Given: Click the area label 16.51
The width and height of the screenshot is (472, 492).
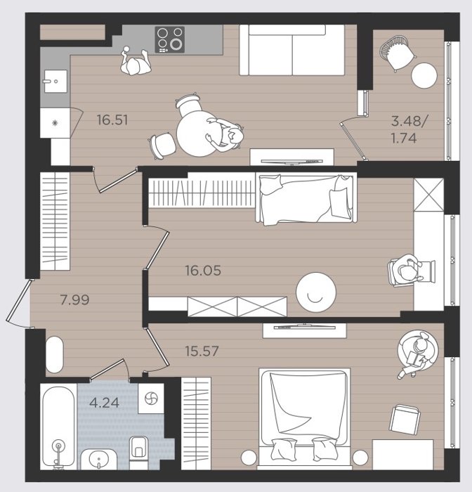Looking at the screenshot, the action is pyautogui.click(x=112, y=120).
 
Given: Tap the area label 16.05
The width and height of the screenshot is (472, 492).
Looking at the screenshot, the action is pyautogui.click(x=203, y=271).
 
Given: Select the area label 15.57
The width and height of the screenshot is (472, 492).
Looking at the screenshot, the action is pyautogui.click(x=202, y=351).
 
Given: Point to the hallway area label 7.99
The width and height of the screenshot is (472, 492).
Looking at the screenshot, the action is pyautogui.click(x=74, y=300).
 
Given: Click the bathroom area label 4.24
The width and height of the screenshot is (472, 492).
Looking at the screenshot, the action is pyautogui.click(x=104, y=403).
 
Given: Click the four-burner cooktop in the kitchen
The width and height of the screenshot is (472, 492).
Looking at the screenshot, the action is pyautogui.click(x=170, y=39).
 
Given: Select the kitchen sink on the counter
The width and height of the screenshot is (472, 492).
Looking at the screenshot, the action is pyautogui.click(x=55, y=82).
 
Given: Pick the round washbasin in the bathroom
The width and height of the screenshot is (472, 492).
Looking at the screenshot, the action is pyautogui.click(x=99, y=460).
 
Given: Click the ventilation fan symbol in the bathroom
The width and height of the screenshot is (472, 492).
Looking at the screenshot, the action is pyautogui.click(x=151, y=399).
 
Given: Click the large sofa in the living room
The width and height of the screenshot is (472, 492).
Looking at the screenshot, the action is pyautogui.click(x=292, y=50).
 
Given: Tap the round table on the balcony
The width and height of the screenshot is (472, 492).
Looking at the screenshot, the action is pyautogui.click(x=424, y=76).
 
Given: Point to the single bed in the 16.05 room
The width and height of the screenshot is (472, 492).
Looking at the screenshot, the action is pyautogui.click(x=306, y=199).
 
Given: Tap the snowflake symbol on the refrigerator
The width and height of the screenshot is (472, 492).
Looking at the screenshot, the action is pyautogui.click(x=55, y=123).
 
